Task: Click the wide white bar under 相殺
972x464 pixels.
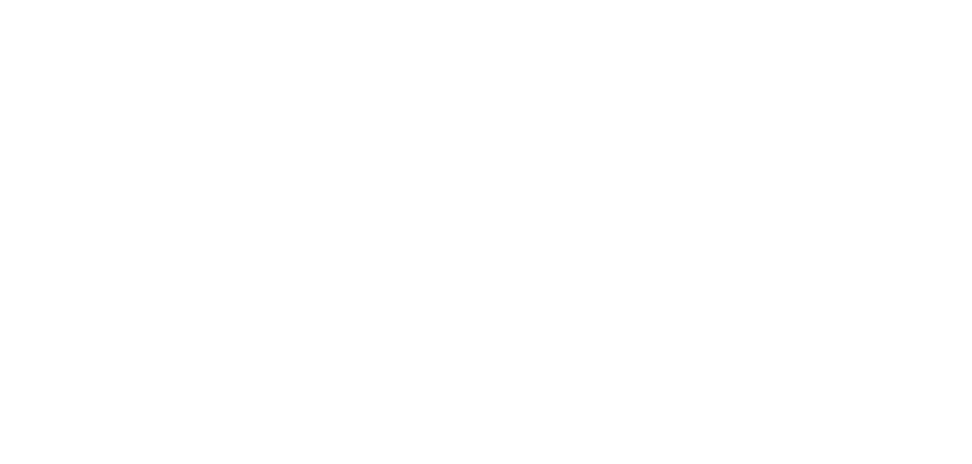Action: [570, 146]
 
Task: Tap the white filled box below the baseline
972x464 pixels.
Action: [489, 370]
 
